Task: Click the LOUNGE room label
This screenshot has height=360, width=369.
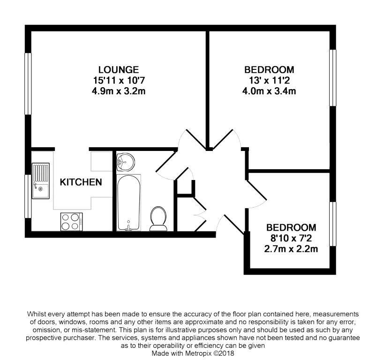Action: [119, 69]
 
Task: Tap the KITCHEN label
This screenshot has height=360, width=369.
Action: [81, 182]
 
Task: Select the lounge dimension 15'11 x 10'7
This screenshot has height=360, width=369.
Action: [119, 80]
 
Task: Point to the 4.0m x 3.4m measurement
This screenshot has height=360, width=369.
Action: [270, 91]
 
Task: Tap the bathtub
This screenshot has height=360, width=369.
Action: [129, 202]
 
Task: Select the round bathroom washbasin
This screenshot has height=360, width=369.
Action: [125, 162]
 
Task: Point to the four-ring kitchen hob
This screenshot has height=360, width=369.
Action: [71, 221]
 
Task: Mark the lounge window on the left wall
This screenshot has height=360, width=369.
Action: [28, 83]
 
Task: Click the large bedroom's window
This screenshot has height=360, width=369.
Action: [332, 78]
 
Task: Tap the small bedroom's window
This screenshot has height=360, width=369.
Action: [333, 224]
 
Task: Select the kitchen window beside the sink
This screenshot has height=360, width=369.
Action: [28, 196]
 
